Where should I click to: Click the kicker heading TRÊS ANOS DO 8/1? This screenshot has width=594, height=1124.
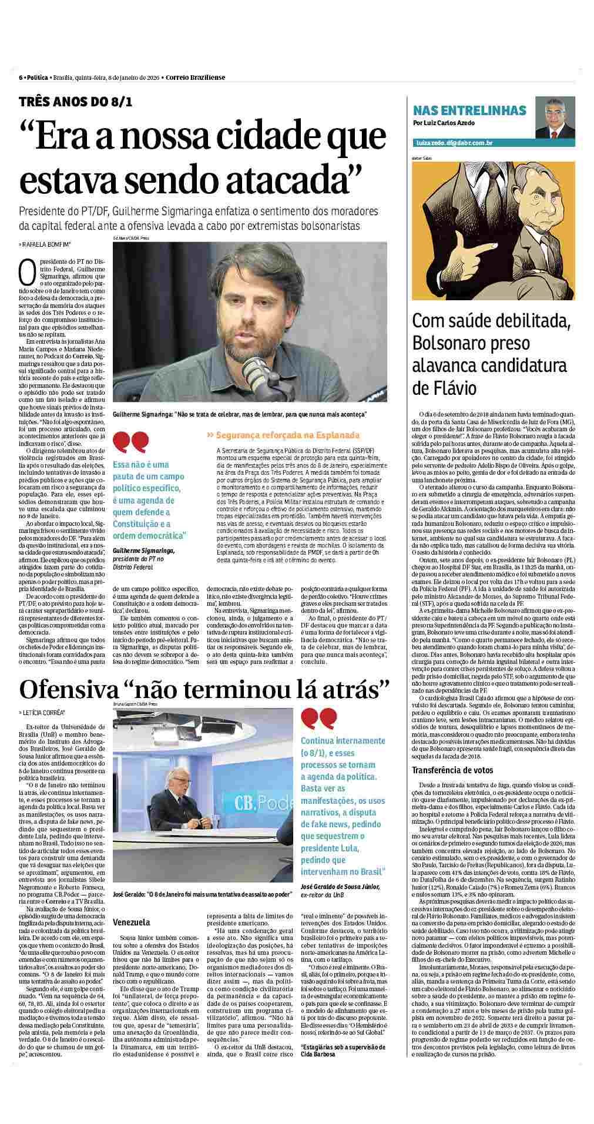(76, 101)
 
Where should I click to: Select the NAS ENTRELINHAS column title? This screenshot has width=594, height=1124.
(469, 110)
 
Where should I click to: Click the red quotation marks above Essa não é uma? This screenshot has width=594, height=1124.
(131, 441)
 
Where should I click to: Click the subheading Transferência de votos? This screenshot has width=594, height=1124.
(452, 770)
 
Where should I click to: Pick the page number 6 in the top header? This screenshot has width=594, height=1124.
(21, 78)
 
